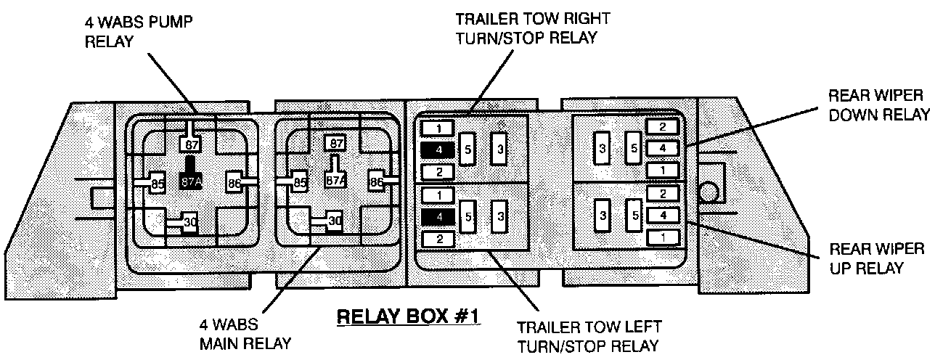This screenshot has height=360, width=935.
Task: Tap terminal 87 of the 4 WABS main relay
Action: tap(335, 143)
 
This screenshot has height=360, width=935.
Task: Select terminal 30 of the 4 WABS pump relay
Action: tap(190, 223)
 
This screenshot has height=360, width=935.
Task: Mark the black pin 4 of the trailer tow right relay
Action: tap(437, 150)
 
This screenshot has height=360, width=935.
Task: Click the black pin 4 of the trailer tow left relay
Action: tap(437, 216)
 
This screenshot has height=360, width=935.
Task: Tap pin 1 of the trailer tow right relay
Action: tap(437, 128)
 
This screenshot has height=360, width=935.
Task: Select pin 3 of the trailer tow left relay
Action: tap(499, 216)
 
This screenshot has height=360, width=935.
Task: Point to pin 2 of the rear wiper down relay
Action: tap(662, 127)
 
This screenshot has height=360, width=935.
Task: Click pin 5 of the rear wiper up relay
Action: tap(635, 215)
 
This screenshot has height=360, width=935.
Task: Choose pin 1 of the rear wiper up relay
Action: tap(662, 237)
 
